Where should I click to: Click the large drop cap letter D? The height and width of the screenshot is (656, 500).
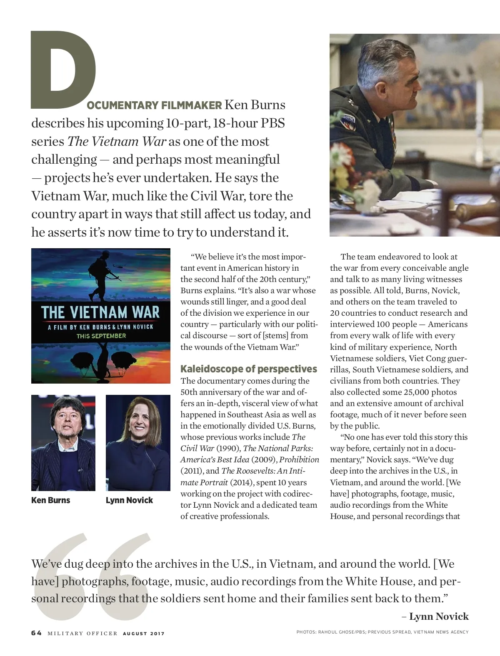point(62,69)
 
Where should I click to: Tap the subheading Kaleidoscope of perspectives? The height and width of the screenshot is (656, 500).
point(248,369)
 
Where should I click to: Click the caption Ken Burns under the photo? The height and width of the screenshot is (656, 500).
point(51,500)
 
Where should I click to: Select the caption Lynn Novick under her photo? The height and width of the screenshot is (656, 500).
point(129,500)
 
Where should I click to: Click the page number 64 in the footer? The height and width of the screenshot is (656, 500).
point(36,633)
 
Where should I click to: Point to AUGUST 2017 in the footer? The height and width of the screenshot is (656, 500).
point(143,634)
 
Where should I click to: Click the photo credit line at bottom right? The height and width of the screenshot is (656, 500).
point(382,632)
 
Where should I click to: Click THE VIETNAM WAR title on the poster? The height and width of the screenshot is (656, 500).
point(100,312)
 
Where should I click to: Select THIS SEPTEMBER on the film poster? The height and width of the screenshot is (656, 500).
point(101,336)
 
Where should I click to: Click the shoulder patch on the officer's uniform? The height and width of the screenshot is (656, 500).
point(348,121)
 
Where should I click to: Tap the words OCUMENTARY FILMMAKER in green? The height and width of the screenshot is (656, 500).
point(154,105)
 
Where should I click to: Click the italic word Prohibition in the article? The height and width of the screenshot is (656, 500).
point(299,460)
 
